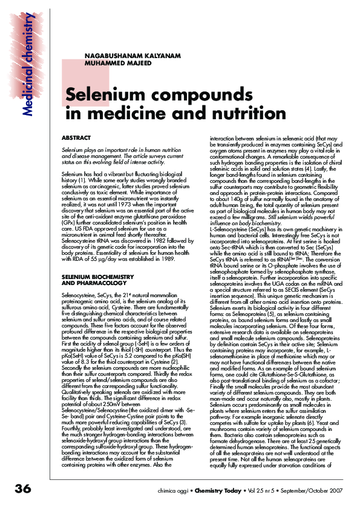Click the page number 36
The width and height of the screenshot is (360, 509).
[15, 488]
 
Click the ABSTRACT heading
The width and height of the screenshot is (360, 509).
[76, 138]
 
